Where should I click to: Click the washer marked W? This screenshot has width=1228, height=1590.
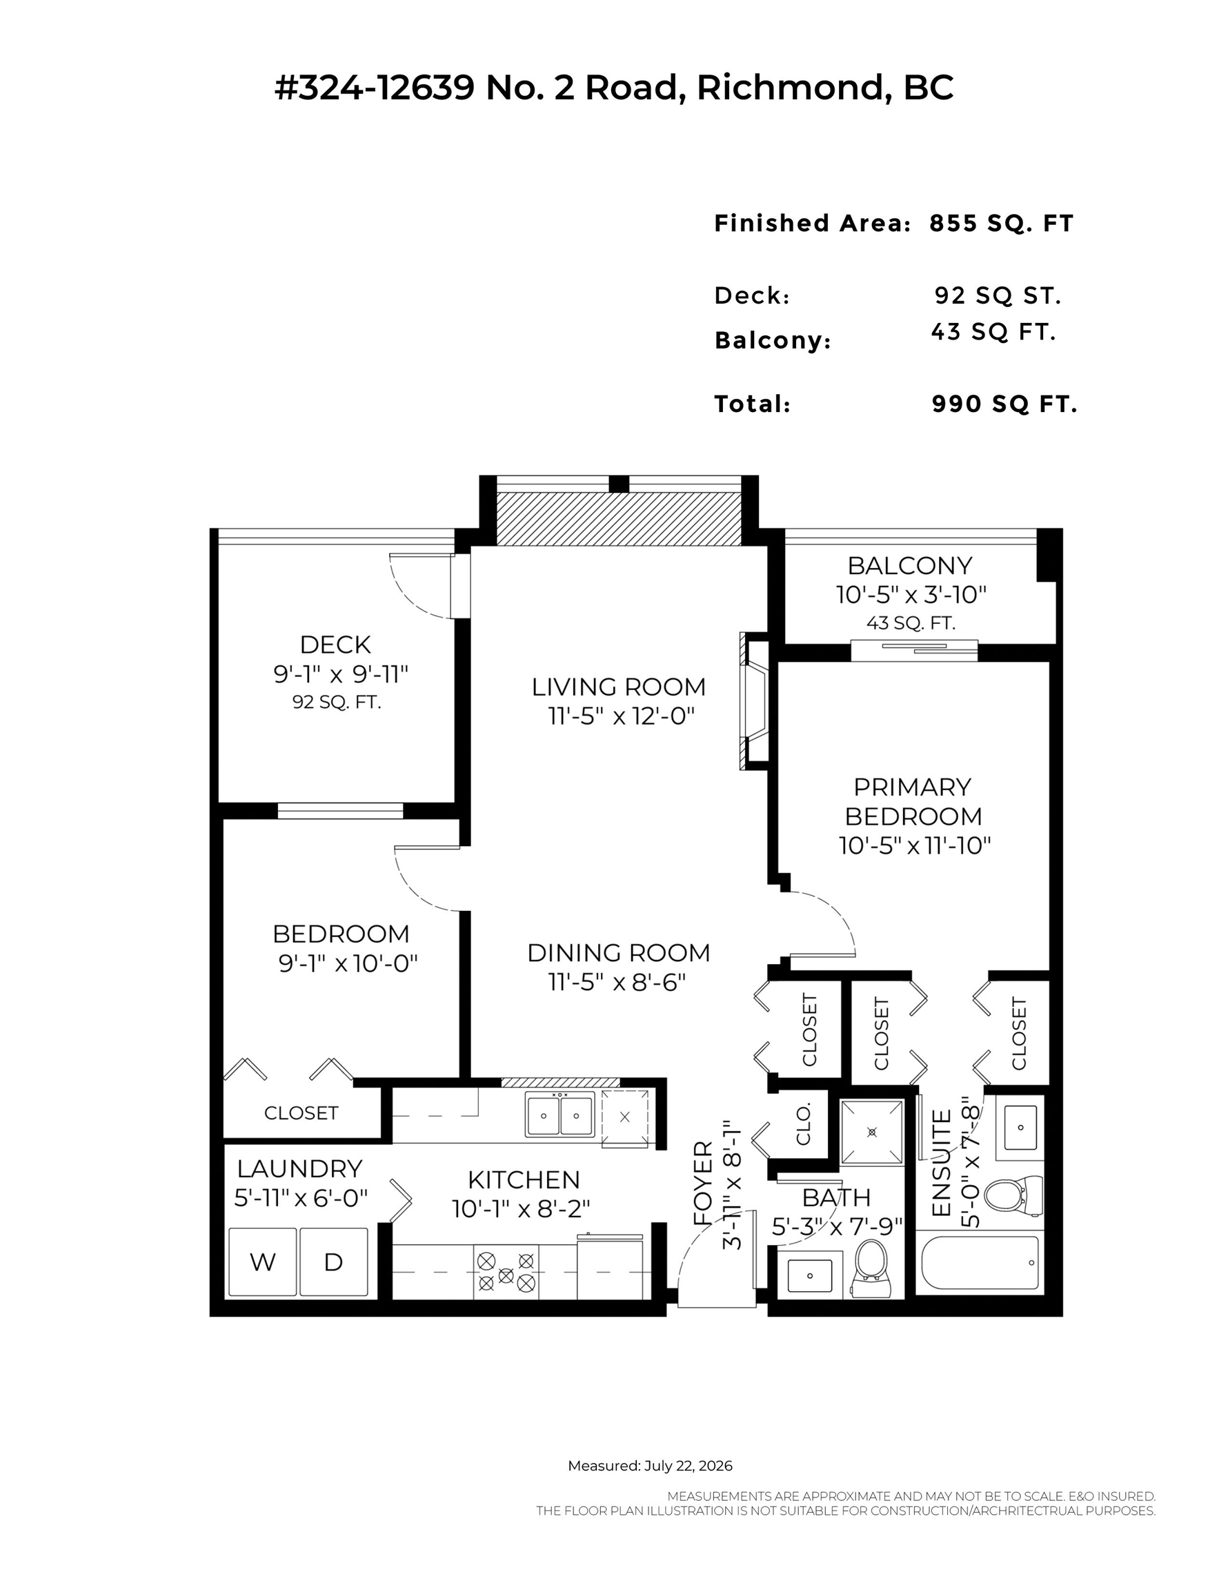coord(263,1262)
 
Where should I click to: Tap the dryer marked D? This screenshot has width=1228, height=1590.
coord(333,1262)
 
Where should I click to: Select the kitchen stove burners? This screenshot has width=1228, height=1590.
coord(506,1271)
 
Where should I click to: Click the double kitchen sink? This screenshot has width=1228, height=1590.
coord(559,1115)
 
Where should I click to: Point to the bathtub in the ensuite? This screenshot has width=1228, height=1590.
coord(980,1262)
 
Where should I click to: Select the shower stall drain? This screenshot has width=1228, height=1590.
coord(872,1132)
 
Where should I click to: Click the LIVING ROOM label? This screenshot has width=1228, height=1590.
coord(619,687)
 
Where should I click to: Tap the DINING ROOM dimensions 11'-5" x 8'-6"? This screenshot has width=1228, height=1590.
coord(617,983)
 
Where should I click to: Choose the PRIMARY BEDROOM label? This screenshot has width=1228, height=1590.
coord(913,801)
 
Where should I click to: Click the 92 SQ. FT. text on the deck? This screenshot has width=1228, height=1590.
coord(336,703)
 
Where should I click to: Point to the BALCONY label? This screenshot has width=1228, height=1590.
coord(910,566)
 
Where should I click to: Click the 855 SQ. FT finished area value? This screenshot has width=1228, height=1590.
coord(1002,224)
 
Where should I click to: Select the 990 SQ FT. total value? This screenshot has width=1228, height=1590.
coord(1004,404)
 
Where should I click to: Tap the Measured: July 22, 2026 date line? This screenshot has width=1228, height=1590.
coord(650,1466)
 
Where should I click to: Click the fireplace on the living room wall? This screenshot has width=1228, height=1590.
coord(754,701)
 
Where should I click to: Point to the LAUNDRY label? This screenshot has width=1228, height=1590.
coord(299,1168)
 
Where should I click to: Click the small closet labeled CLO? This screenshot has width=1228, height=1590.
coord(804,1125)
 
